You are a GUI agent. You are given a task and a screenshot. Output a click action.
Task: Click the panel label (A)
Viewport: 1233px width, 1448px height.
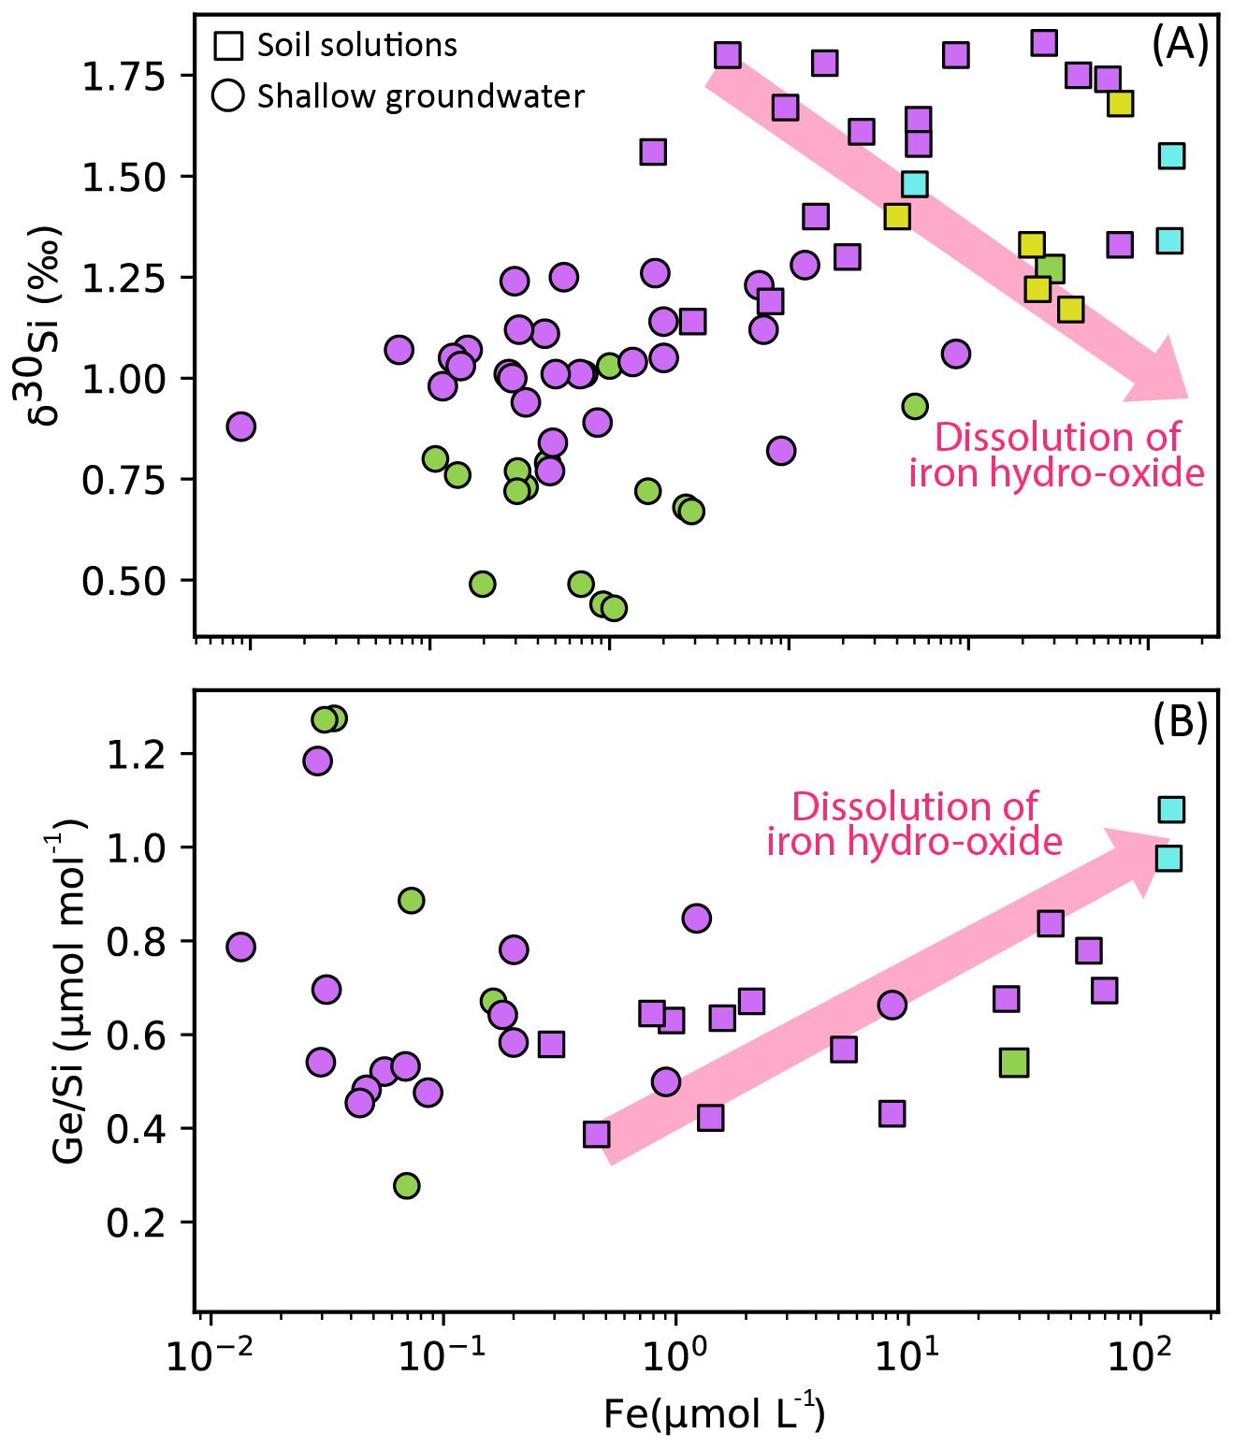pyautogui.click(x=1180, y=44)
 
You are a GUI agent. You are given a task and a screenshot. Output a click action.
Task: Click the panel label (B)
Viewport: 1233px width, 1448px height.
pyautogui.click(x=1180, y=722)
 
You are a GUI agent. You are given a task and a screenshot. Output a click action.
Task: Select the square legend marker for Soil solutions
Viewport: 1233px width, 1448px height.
pyautogui.click(x=228, y=45)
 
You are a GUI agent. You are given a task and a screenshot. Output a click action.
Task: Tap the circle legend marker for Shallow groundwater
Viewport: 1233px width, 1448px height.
pyautogui.click(x=228, y=95)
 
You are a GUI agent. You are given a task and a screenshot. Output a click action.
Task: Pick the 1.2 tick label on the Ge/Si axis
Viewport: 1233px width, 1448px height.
pyautogui.click(x=136, y=754)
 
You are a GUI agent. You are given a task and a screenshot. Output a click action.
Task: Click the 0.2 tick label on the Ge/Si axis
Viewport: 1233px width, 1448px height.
pyautogui.click(x=136, y=1223)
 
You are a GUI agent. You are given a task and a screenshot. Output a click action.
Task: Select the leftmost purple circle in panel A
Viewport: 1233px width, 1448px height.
pyautogui.click(x=240, y=427)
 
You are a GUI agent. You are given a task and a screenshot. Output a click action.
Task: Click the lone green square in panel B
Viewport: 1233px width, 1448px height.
pyautogui.click(x=1014, y=1063)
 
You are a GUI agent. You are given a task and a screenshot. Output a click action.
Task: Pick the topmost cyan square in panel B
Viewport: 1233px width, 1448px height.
pyautogui.click(x=1171, y=809)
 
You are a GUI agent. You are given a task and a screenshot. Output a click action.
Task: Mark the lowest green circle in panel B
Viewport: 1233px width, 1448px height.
pyautogui.click(x=406, y=1186)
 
